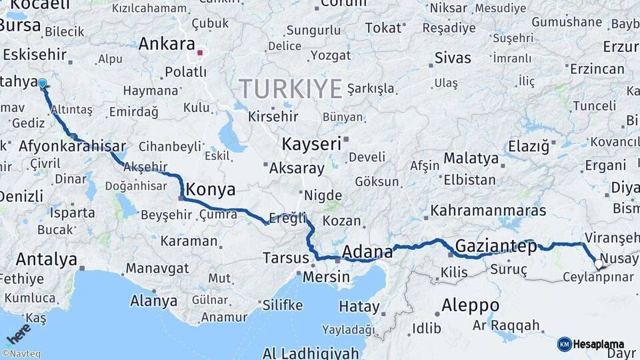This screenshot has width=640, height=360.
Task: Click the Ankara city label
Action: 166,45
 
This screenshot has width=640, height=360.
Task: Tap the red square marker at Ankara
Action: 200,52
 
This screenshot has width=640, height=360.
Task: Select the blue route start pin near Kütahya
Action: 42,84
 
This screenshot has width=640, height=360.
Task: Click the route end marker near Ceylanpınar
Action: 598,265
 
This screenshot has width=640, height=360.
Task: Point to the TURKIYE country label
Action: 291,89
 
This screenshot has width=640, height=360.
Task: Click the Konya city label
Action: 211,190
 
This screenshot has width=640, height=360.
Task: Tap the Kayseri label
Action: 311,143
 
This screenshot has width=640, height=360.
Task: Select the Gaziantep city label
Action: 496,246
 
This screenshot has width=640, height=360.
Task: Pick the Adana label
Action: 367,252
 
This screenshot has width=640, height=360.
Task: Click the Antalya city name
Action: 47,259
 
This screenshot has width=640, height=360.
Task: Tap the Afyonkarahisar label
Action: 73,147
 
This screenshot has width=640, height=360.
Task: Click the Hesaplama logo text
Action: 599,344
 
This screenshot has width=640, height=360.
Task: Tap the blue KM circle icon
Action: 565,344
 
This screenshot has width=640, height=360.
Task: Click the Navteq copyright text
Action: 21,354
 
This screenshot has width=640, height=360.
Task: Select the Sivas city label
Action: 453,58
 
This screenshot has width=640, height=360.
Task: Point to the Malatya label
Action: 471,159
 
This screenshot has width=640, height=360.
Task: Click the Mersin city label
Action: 326,275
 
